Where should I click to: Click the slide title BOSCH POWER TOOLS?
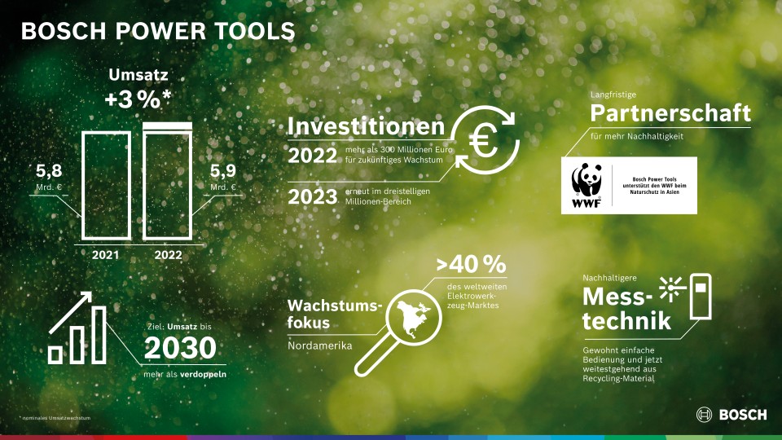pos(157,31)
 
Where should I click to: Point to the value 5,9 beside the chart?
pos(223,173)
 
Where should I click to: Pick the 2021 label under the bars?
pos(107,255)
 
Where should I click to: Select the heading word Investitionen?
pos(367,127)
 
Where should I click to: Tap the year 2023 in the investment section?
pos(313,197)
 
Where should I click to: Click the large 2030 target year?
pos(180,348)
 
